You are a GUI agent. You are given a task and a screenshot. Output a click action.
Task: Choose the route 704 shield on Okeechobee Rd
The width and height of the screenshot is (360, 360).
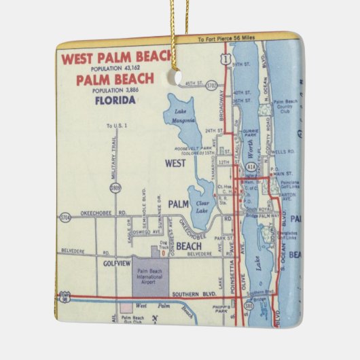coord(65,218)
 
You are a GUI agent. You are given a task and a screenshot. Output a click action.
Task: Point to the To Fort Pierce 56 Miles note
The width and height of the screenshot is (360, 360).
coord(228,40)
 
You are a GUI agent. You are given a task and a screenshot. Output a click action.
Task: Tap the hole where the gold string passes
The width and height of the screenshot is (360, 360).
coord(179,79)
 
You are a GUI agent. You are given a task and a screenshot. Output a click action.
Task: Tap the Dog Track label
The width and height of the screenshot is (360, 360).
coord(163,245)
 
